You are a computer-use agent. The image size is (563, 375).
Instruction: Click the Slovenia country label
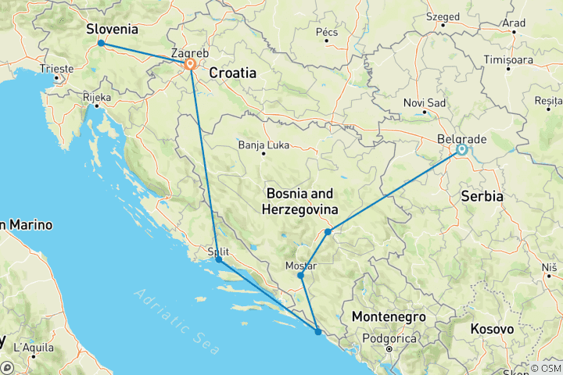click(x=112, y=30)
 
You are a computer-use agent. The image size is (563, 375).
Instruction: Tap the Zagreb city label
click(x=190, y=53)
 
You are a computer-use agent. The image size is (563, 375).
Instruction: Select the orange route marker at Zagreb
click(x=190, y=65)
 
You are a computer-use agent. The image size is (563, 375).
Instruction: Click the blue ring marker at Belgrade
click(x=461, y=149)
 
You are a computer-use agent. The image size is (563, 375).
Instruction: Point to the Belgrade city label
click(x=463, y=138)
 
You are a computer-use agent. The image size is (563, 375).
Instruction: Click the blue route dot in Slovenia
click(x=101, y=43)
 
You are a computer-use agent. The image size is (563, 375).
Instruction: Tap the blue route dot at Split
click(x=218, y=259)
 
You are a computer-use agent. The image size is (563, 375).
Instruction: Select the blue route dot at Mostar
click(x=300, y=276)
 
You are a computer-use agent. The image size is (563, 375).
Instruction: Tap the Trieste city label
click(x=57, y=69)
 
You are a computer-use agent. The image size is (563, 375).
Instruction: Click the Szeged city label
click(x=443, y=15)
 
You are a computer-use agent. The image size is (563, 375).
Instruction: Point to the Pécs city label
click(x=326, y=32)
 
